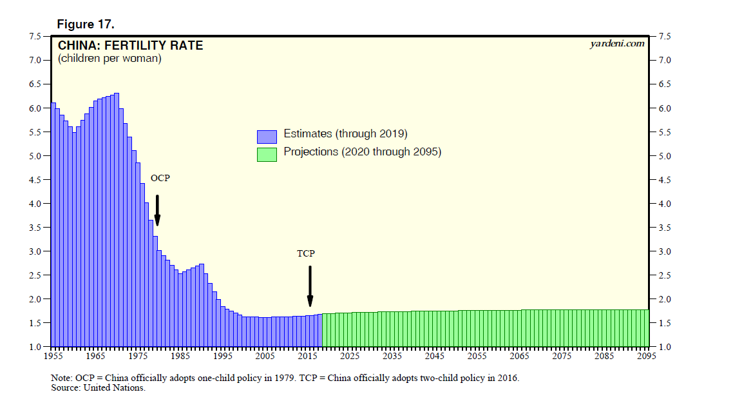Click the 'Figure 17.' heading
[x=86, y=24]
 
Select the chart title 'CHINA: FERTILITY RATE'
[x=130, y=46]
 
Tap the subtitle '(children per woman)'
[x=109, y=59]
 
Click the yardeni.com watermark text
[x=616, y=44]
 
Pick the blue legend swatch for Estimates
[x=267, y=136]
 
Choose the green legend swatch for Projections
[x=267, y=154]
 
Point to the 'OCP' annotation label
[x=160, y=178]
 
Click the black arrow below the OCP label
[x=157, y=210]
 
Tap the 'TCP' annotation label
[x=306, y=254]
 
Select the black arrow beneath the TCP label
[x=310, y=286]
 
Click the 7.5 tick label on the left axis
[x=36, y=36]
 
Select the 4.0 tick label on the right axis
[x=664, y=204]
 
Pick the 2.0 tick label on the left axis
[x=36, y=299]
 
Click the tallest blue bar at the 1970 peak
[x=117, y=219]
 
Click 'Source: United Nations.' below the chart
[x=98, y=388]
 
